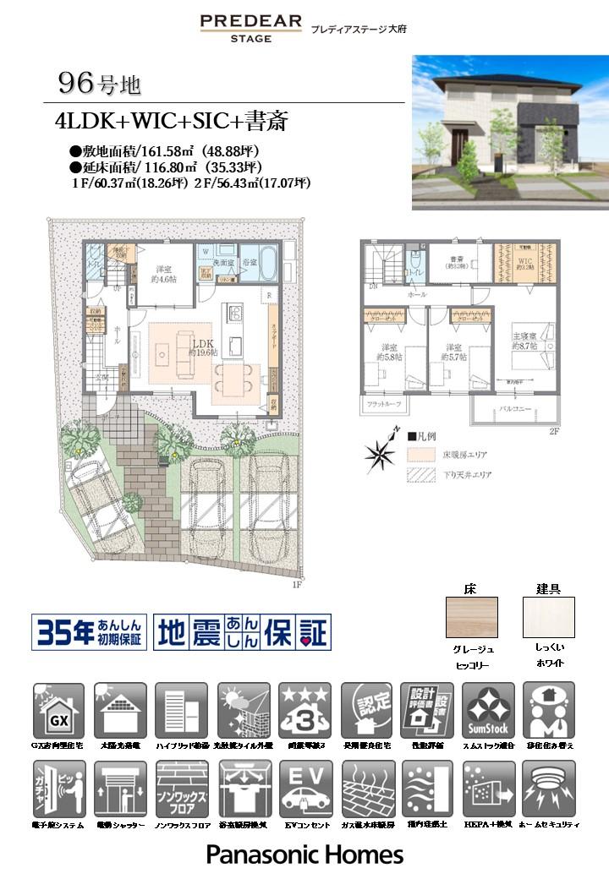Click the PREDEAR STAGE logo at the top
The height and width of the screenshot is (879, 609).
(x=250, y=27)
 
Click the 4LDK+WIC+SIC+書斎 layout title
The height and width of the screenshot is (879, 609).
(x=172, y=122)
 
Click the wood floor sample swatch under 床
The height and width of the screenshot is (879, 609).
(x=471, y=617)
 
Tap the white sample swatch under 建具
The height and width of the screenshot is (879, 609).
(x=548, y=617)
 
